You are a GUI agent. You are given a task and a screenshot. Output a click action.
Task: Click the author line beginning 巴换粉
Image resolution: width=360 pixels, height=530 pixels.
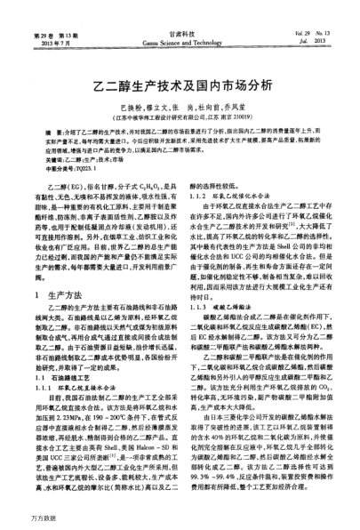click(x=180, y=105)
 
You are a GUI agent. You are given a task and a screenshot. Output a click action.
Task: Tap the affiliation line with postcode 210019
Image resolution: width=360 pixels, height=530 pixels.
click(x=180, y=115)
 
